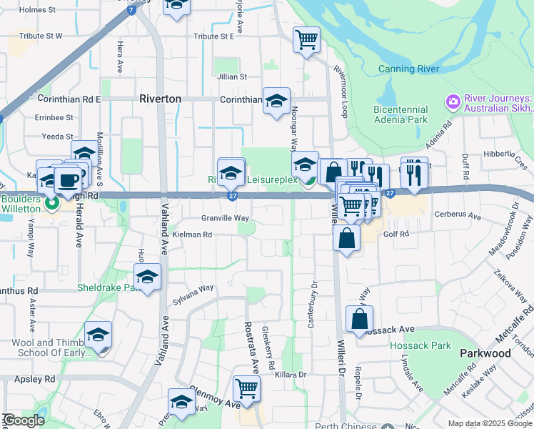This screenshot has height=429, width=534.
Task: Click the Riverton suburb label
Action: click(x=160, y=99)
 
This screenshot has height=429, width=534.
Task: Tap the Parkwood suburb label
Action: click(x=485, y=353)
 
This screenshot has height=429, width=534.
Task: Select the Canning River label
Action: click(x=408, y=69)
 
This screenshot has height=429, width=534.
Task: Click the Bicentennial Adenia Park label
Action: click(x=400, y=114)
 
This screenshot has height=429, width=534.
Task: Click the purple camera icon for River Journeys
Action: click(x=452, y=102)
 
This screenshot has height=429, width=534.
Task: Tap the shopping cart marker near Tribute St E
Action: click(x=307, y=40)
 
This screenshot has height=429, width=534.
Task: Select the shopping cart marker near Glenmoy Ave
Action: click(x=246, y=388)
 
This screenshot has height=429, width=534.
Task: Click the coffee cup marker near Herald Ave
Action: click(x=68, y=180)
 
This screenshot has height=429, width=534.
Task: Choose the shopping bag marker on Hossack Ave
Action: click(x=359, y=319)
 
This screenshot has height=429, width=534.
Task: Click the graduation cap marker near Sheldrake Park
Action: click(x=147, y=277)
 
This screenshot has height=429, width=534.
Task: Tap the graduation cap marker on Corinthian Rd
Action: click(x=276, y=101)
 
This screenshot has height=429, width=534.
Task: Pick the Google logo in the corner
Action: click(x=24, y=420)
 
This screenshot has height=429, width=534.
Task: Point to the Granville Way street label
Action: click(x=225, y=218)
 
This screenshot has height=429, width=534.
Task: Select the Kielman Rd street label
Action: click(x=192, y=234)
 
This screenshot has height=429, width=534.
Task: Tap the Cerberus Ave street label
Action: click(x=462, y=216)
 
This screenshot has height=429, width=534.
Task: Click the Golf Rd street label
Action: click(x=397, y=234)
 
